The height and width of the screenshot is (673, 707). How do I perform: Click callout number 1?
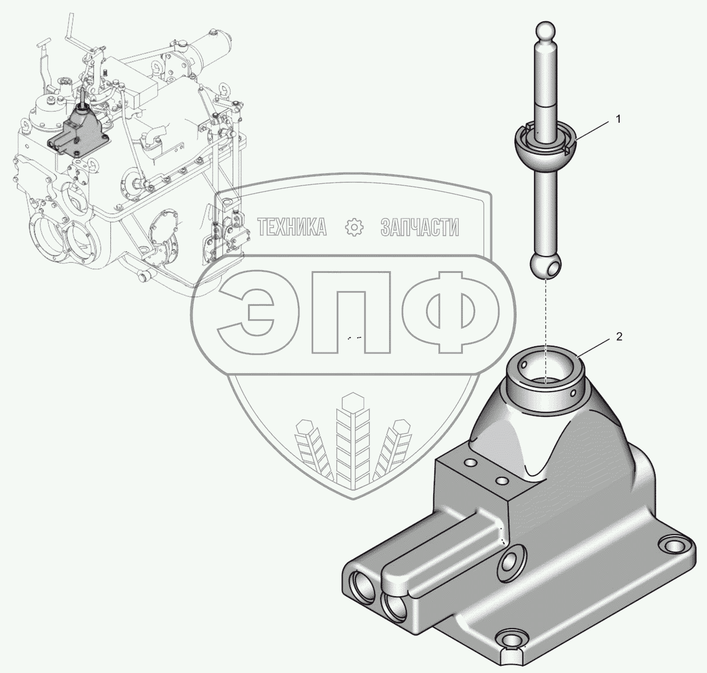pos(618,119)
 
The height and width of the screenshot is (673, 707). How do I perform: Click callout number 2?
pos(619,337)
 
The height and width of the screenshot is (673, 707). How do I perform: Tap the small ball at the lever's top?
pos(546,33)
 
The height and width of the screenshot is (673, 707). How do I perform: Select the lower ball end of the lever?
pos(546,266)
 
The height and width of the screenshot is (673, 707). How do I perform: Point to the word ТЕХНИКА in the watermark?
pos(292,227)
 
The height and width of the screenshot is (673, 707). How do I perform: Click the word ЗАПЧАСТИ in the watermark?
pos(420,227)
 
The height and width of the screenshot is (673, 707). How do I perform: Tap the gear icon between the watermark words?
pos(354,227)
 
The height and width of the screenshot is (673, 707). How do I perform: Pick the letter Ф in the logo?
pos(451,312)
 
